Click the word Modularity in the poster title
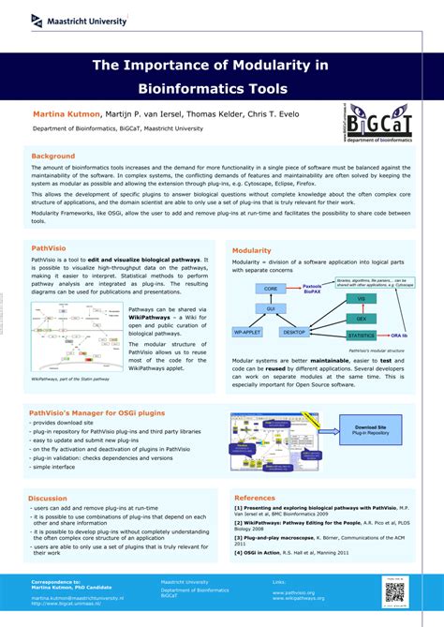[274, 65]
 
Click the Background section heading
[53, 156]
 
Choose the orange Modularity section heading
[252, 251]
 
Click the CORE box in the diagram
[271, 289]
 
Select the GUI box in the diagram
[271, 307]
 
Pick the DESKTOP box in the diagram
[294, 332]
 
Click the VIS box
[361, 298]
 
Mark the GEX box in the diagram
[361, 318]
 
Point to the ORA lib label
[400, 335]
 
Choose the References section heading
[255, 498]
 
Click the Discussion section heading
[48, 498]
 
